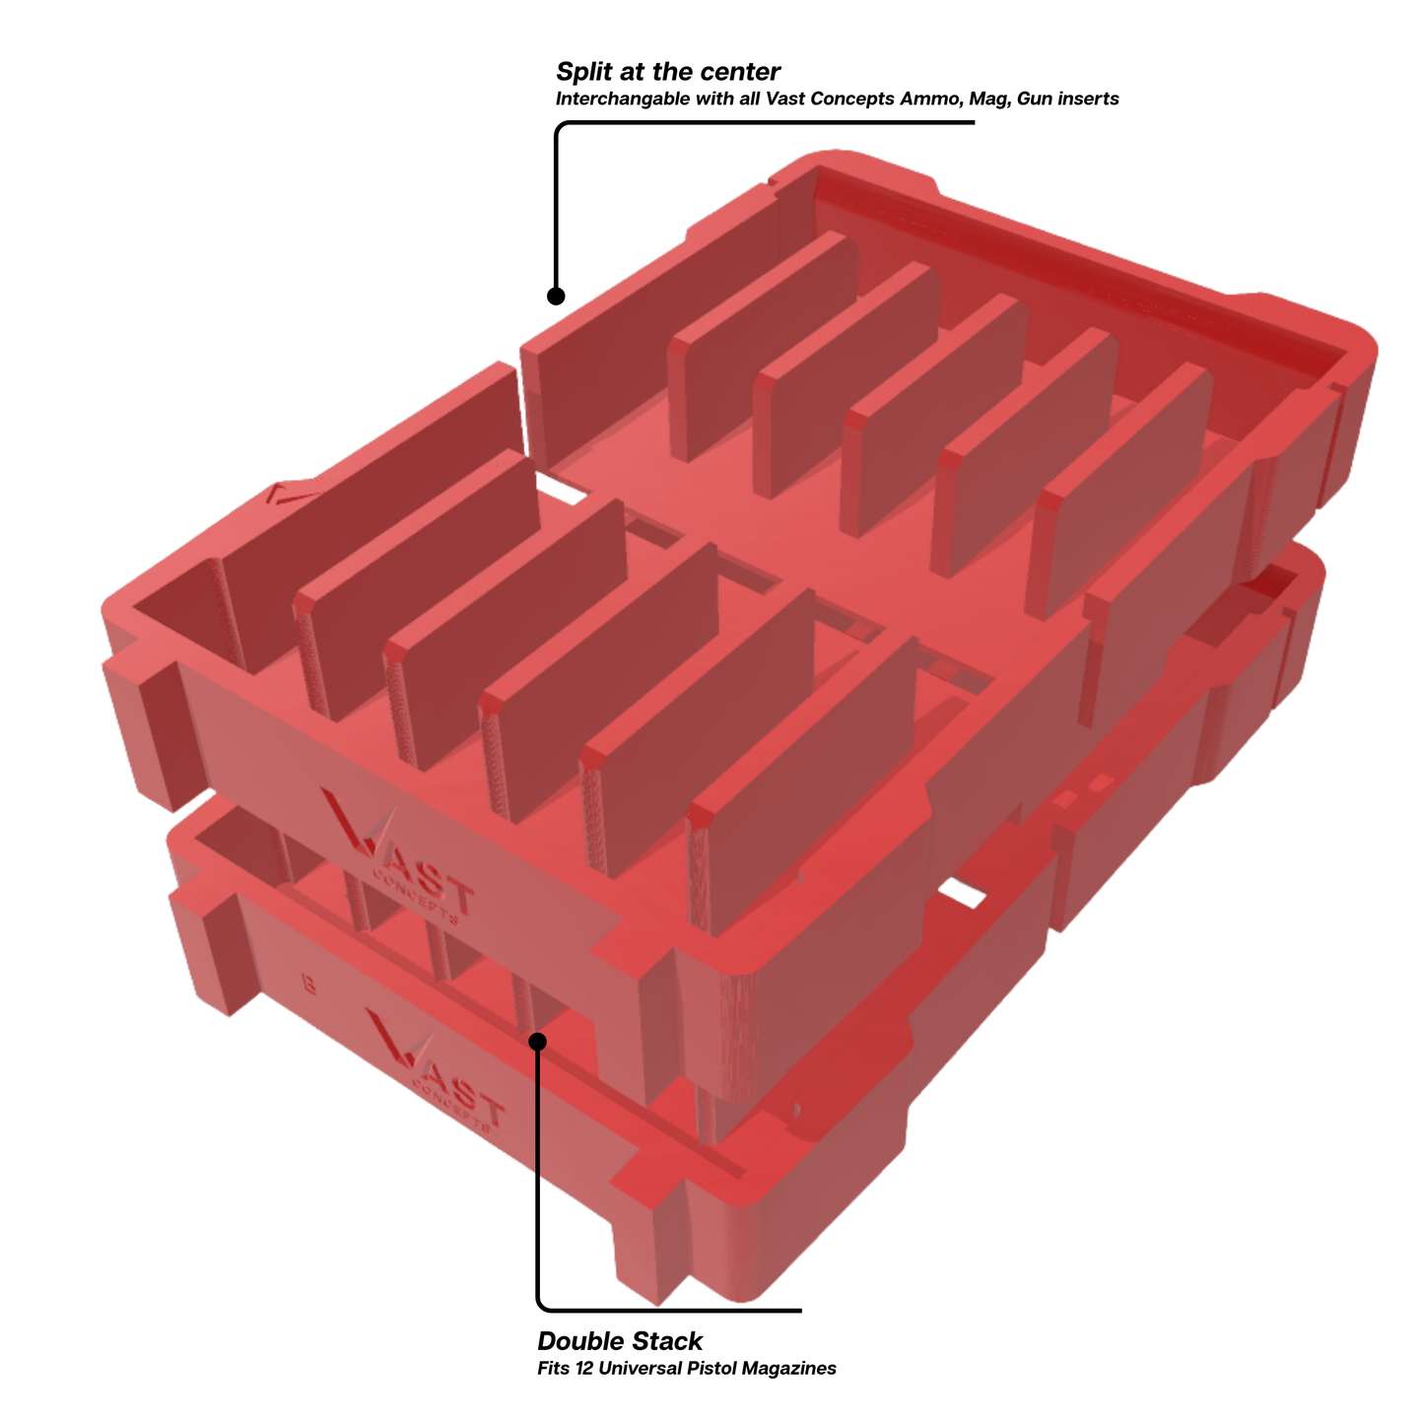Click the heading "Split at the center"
pyautogui.click(x=668, y=72)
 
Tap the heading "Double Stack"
pyautogui.click(x=620, y=1341)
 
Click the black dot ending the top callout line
pyautogui.click(x=556, y=296)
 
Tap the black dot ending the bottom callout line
pyautogui.click(x=538, y=1042)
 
